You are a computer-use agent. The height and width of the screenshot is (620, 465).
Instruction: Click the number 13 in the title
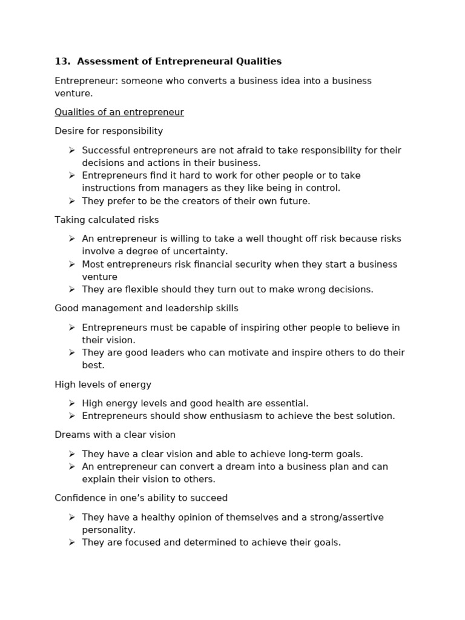[61, 61]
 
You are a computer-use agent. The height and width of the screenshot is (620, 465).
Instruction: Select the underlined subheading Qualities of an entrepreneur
[119, 112]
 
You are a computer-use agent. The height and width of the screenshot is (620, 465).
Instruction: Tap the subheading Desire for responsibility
[109, 131]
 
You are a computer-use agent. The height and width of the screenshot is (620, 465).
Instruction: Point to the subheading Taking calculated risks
[107, 220]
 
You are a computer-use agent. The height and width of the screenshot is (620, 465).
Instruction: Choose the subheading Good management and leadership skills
[147, 308]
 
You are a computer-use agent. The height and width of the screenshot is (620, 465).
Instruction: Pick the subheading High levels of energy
[103, 384]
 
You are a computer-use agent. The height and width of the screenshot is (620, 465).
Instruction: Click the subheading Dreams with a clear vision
[115, 435]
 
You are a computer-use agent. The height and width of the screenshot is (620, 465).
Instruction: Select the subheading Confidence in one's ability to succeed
[141, 498]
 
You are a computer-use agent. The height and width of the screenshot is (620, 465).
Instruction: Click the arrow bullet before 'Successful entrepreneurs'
[71, 150]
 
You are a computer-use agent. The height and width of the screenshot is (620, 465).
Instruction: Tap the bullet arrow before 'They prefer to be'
[71, 201]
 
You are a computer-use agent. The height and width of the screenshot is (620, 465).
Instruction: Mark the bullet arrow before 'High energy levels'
[71, 403]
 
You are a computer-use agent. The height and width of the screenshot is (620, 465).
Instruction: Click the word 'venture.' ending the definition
[74, 94]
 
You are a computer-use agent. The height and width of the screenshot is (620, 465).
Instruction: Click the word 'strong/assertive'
[347, 517]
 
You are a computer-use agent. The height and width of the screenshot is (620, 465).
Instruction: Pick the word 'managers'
[190, 188]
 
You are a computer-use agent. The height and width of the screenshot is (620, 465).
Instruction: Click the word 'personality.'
[109, 530]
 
